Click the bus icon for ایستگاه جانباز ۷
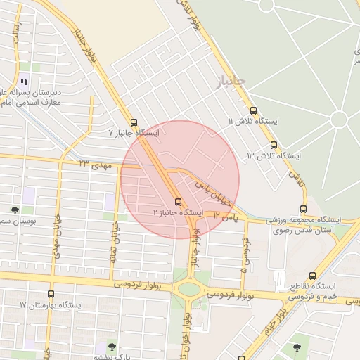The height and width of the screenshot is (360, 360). click(x=134, y=122)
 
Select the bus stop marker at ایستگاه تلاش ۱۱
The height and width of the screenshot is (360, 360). click(x=253, y=110)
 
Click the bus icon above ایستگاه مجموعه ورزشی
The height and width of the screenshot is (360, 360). click(x=303, y=209)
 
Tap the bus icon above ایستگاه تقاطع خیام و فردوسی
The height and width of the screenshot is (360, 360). click(x=312, y=276)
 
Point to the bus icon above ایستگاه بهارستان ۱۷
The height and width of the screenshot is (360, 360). click(x=51, y=294)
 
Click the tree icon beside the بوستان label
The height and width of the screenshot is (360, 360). click(x=15, y=210)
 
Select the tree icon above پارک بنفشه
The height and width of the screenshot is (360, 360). click(x=111, y=345)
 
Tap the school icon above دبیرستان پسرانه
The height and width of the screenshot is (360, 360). click(x=25, y=82)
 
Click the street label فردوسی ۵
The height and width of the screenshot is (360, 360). click(x=245, y=254)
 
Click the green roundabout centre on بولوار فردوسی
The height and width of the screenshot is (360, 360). click(x=189, y=288)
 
